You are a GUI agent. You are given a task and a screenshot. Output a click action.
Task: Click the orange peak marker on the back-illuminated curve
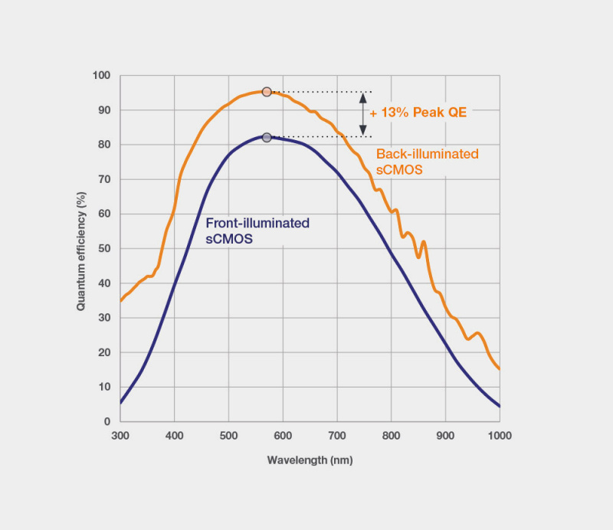point(267,92)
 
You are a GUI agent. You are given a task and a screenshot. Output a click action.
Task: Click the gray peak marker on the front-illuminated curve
point(267,137)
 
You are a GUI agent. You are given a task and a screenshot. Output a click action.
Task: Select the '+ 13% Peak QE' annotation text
point(418,112)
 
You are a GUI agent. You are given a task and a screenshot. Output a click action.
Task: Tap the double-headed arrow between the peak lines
point(363,114)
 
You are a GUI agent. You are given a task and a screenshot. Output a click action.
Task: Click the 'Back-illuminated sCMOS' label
point(427,162)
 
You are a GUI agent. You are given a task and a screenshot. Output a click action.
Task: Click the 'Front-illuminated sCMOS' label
point(257,231)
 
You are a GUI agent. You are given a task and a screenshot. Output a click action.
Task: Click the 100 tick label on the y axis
point(101,76)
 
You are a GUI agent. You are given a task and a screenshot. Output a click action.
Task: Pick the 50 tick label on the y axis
point(104,249)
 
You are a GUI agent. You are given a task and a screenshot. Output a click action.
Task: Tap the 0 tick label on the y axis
point(107,421)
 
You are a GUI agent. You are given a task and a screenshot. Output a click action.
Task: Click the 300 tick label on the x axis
point(120,435)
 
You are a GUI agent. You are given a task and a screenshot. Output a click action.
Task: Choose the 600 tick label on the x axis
point(283,435)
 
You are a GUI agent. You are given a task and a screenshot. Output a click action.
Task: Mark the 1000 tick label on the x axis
point(499,435)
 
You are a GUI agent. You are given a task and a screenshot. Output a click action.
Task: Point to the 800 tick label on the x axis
point(391,435)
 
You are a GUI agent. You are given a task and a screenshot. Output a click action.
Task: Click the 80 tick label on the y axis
point(104,145)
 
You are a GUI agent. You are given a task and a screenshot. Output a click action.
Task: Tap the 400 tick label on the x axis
point(175,435)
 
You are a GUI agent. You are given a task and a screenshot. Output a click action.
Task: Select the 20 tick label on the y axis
point(104,352)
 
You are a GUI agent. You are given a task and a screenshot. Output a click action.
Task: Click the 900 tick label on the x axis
point(445,435)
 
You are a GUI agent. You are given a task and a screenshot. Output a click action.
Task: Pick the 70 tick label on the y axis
point(104,179)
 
